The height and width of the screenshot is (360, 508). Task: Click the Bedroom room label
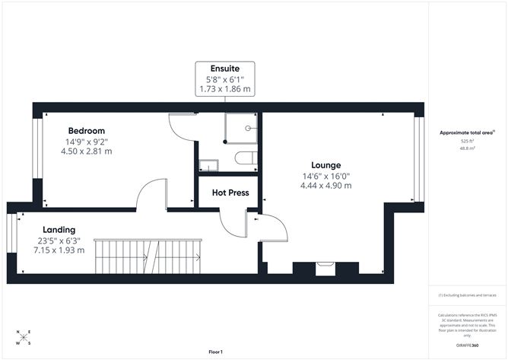point(86,130)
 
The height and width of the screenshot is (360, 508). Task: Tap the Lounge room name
point(325,164)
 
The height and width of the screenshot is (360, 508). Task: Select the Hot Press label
point(230,193)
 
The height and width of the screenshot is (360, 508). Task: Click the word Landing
point(58,229)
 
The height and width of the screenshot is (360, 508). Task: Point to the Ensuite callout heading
point(225,68)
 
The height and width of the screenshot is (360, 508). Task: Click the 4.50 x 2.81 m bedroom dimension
point(86,151)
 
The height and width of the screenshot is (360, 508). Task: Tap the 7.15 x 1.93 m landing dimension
point(58,250)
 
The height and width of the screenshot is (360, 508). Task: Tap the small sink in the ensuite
point(208,164)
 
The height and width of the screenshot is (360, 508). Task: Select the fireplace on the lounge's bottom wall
point(325,267)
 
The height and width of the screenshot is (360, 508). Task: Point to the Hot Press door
point(230,221)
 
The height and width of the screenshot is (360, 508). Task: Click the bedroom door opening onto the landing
point(151,195)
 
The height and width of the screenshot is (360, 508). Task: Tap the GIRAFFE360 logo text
point(468,346)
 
